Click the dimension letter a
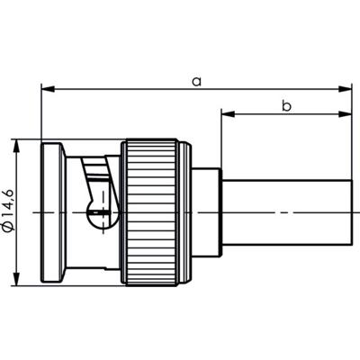pyautogui.click(x=196, y=80)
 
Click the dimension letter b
pyautogui.click(x=286, y=105)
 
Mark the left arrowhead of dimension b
pyautogui.click(x=226, y=114)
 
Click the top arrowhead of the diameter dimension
pyautogui.click(x=17, y=145)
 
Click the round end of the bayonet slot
pyautogui.click(x=102, y=215)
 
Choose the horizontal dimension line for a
pyautogui.click(x=135, y=89)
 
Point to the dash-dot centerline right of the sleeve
pyautogui.click(x=353, y=211)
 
